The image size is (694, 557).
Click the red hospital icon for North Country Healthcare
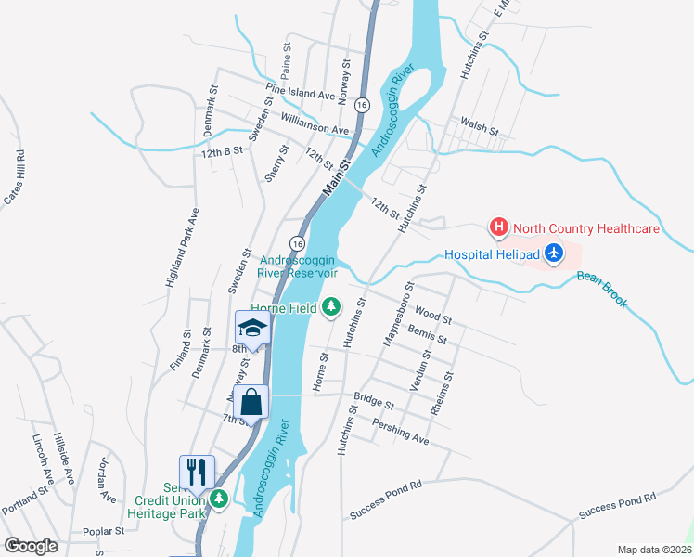(498, 227)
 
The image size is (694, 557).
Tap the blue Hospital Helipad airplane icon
(554, 253)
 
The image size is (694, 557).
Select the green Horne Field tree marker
(331, 307)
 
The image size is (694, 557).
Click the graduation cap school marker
(252, 328)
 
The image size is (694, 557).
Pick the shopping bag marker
(251, 402)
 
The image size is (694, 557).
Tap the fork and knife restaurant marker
(197, 471)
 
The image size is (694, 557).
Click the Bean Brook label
(602, 289)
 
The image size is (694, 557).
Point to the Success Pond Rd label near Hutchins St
(386, 499)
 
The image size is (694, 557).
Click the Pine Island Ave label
(300, 94)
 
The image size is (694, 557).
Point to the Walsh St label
(480, 125)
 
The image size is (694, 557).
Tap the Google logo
(31, 546)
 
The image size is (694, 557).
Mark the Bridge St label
(374, 404)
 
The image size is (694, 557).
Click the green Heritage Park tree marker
(219, 499)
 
